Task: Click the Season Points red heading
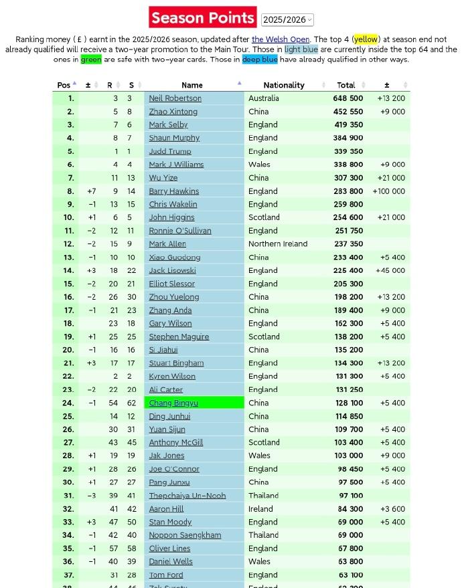(x=202, y=17)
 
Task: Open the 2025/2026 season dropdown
(x=287, y=20)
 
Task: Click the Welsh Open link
(x=281, y=39)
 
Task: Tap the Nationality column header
(x=284, y=85)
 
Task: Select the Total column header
(x=346, y=85)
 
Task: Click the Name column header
(x=192, y=85)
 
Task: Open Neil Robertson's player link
(x=175, y=98)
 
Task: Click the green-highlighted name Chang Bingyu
(x=173, y=403)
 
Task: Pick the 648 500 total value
(x=348, y=98)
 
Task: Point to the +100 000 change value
(x=389, y=191)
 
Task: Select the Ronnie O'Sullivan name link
(x=179, y=231)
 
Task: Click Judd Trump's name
(x=170, y=151)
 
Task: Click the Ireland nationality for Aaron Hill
(x=262, y=509)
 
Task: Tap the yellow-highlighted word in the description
(x=366, y=39)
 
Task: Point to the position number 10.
(x=69, y=217)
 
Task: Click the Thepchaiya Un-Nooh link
(x=187, y=496)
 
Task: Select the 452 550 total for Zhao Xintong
(x=348, y=112)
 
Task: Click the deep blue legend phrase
(x=260, y=60)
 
